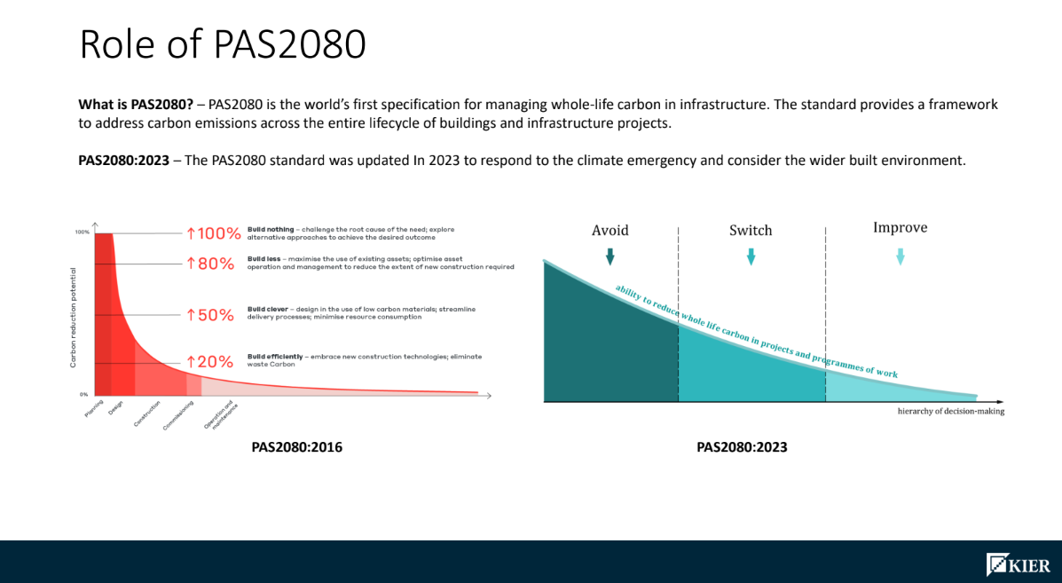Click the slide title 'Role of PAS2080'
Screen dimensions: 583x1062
pos(223,44)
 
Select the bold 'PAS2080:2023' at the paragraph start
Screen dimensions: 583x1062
pos(123,161)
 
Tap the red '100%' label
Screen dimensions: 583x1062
pos(213,234)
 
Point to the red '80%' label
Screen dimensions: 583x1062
pos(209,264)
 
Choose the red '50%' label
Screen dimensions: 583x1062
pos(209,316)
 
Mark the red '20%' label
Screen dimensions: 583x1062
pos(209,362)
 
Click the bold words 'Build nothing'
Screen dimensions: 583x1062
pos(267,229)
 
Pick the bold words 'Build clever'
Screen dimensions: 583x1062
pos(265,308)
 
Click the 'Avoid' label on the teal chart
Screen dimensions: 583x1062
pos(610,231)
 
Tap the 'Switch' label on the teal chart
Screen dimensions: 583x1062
pos(751,231)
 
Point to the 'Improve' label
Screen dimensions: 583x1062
pos(900,228)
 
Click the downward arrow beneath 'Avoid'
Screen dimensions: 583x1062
pos(610,256)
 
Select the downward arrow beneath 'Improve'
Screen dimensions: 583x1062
pos(900,256)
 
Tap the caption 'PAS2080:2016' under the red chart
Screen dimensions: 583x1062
pos(296,447)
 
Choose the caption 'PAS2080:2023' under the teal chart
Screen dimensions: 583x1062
pos(742,447)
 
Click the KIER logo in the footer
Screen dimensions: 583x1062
pos(1018,564)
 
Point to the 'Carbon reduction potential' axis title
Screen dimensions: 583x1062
pos(73,317)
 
